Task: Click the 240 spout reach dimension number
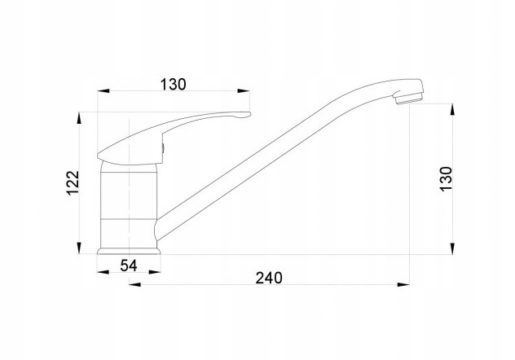pyautogui.click(x=269, y=278)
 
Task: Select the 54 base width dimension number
pyautogui.click(x=129, y=266)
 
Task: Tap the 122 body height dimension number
pyautogui.click(x=73, y=182)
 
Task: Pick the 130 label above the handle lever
pyautogui.click(x=173, y=85)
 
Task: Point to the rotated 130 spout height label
pyautogui.click(x=447, y=179)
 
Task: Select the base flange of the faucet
pyautogui.click(x=129, y=251)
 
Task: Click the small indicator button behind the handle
pyautogui.click(x=163, y=148)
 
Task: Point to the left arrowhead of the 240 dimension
pyautogui.click(x=134, y=284)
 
